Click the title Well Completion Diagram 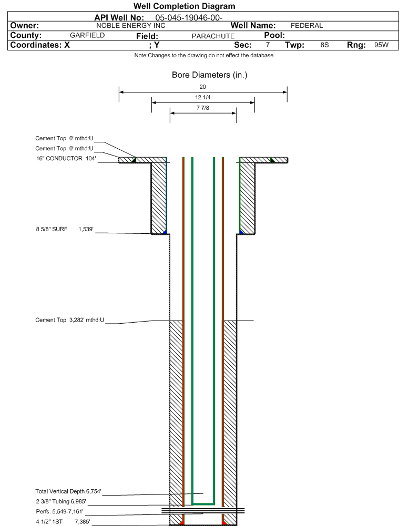[184, 6]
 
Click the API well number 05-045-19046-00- [189, 18]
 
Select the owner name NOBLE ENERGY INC [130, 26]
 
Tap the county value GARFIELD [87, 35]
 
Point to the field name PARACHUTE [213, 36]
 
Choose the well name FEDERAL [306, 26]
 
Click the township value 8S [324, 45]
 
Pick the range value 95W [381, 45]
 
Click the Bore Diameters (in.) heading [209, 75]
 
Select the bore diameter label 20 [203, 87]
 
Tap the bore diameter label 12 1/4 [203, 97]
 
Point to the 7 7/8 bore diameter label [203, 108]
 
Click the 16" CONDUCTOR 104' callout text [66, 158]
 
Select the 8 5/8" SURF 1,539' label [65, 229]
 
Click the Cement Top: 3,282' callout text [70, 320]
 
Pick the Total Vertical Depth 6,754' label [68, 491]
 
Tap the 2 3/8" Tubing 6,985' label [61, 501]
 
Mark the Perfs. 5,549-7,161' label [60, 512]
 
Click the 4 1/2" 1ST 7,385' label [63, 522]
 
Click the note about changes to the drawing [203, 55]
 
